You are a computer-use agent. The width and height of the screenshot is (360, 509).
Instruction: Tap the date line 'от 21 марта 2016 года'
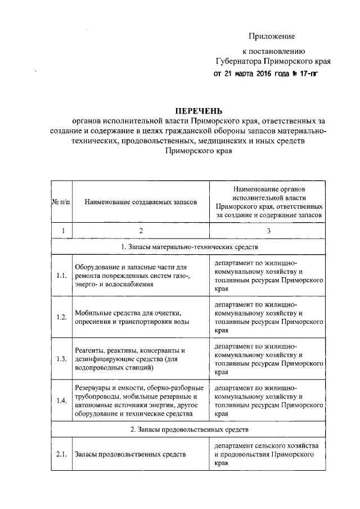(262, 73)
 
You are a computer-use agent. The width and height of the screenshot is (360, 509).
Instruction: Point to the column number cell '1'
(62, 231)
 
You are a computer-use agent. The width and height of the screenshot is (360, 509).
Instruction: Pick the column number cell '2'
(141, 231)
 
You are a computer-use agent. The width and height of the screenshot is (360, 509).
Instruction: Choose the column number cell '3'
(269, 231)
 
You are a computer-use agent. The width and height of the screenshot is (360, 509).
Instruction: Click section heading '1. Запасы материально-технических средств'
(190, 246)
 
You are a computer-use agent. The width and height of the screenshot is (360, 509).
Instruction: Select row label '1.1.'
(62, 276)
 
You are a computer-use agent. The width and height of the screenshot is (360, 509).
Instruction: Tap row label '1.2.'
(62, 317)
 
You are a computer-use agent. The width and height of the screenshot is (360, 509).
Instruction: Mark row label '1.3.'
(62, 359)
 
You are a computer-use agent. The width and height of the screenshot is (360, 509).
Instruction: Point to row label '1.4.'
(62, 400)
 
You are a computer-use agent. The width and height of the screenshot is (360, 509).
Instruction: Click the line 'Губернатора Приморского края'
(272, 61)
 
